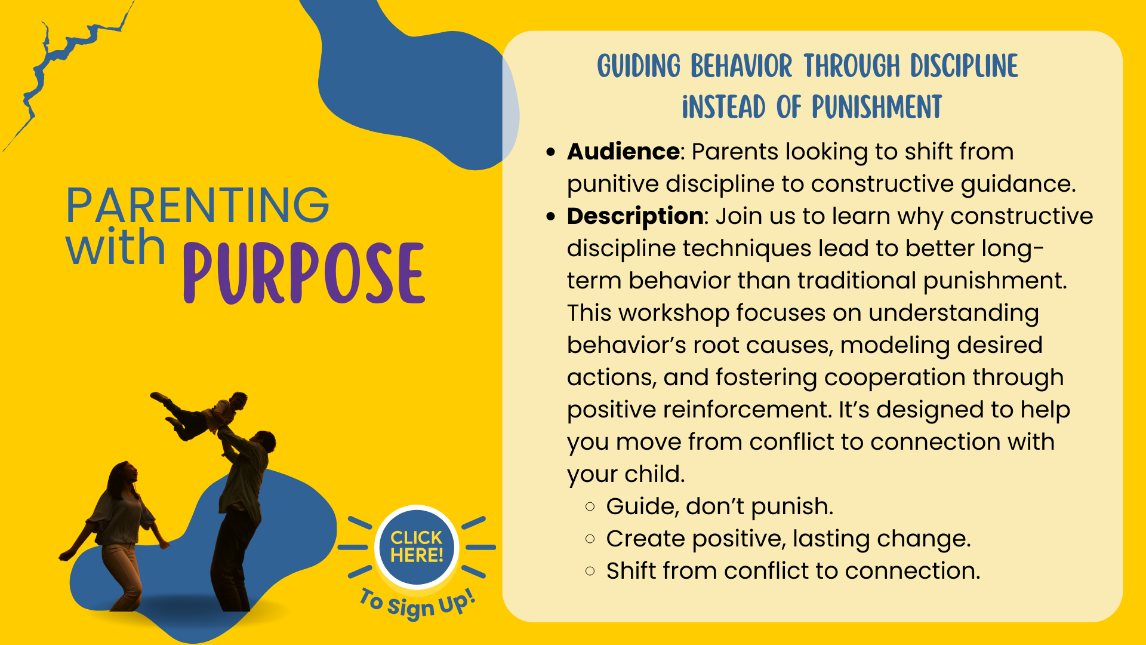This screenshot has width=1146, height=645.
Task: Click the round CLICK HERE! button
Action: pyautogui.click(x=417, y=546)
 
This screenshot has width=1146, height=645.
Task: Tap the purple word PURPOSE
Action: pyautogui.click(x=304, y=273)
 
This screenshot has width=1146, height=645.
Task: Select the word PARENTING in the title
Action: pyautogui.click(x=198, y=205)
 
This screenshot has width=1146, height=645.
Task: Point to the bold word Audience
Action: pyautogui.click(x=623, y=152)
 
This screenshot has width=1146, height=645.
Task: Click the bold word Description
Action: pyautogui.click(x=635, y=217)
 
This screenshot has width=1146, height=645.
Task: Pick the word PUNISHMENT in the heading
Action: pyautogui.click(x=877, y=107)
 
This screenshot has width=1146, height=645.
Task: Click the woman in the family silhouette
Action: pyautogui.click(x=116, y=535)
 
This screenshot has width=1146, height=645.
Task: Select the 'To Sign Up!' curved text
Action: pyautogui.click(x=417, y=604)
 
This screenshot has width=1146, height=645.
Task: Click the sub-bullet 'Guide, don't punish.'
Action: pyautogui.click(x=719, y=506)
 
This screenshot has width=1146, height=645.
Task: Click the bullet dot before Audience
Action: pyautogui.click(x=550, y=152)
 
